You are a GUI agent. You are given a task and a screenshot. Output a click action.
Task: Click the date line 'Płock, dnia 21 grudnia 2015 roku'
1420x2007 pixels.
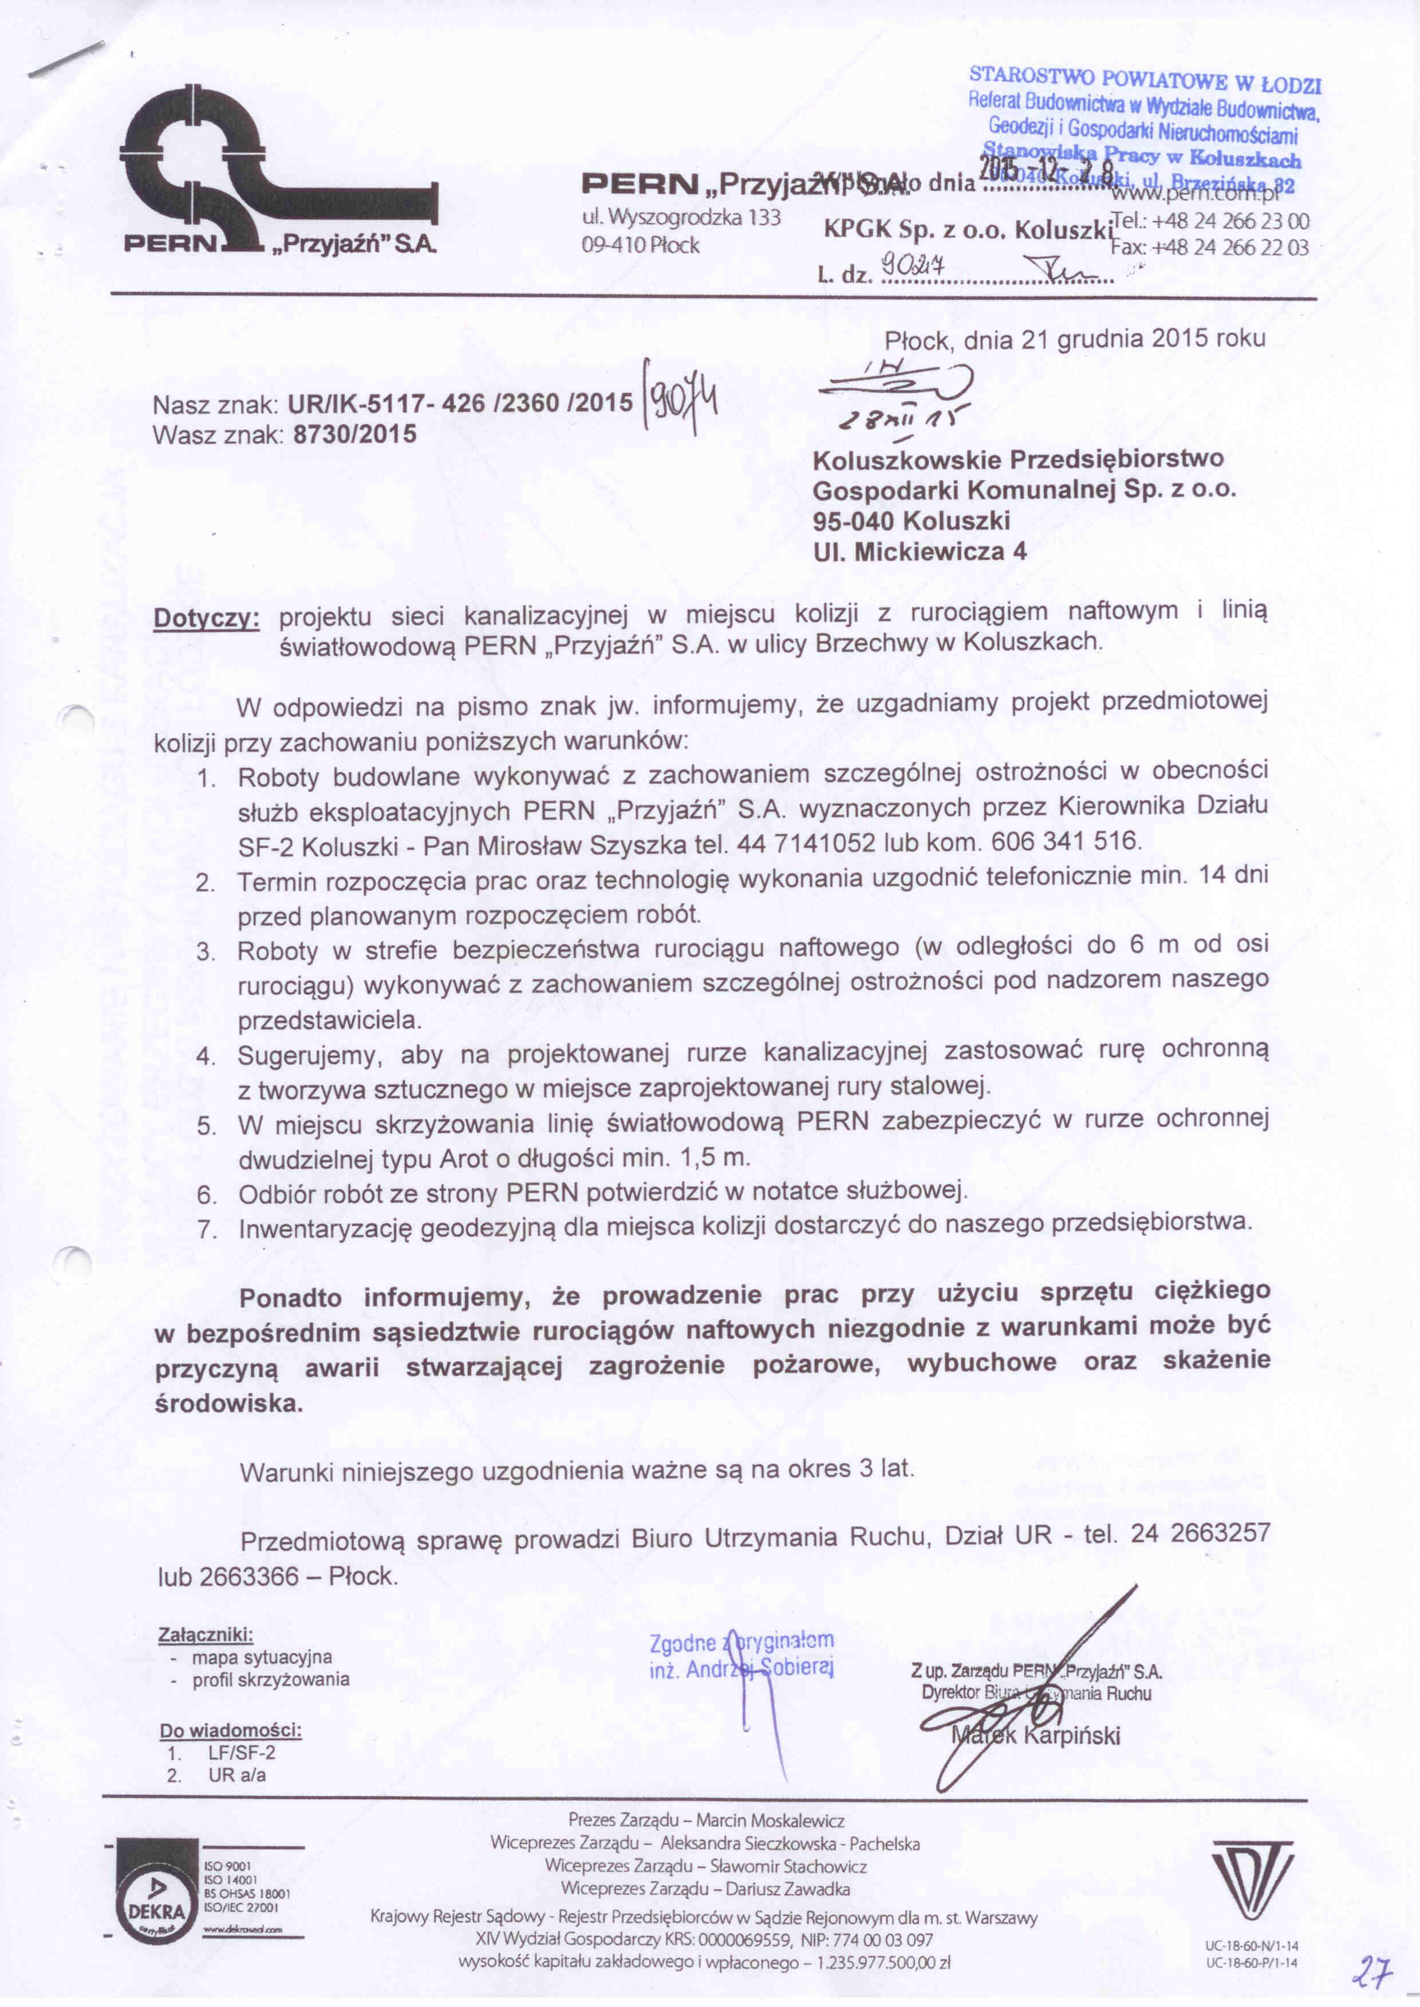[x=1075, y=339]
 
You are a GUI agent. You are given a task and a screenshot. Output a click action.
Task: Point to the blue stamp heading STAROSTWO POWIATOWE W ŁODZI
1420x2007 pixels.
[x=1145, y=83]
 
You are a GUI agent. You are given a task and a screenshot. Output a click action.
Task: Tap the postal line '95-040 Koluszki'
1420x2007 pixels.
[x=911, y=521]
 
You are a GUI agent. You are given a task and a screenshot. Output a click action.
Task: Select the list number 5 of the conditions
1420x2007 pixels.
[x=206, y=1125]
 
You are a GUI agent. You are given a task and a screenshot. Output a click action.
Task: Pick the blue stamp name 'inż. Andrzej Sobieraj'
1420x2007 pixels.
[x=741, y=1669]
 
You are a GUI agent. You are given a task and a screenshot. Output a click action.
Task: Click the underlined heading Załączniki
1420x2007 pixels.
[x=206, y=1634]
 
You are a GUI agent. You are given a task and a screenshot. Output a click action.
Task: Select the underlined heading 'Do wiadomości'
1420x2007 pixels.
[x=230, y=1730]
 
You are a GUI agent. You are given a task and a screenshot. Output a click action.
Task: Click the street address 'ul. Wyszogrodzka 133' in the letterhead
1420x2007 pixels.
[x=680, y=217]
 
